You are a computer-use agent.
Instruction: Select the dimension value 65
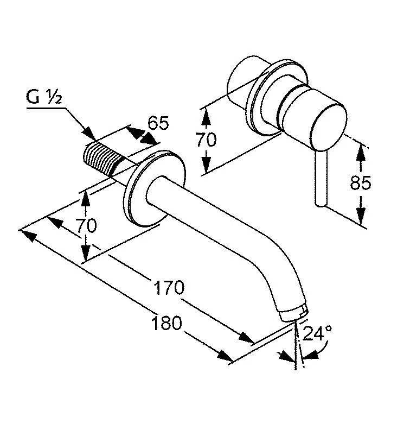tap(158, 123)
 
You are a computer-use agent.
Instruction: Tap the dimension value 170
tap(169, 288)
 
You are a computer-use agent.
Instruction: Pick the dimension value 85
tap(360, 184)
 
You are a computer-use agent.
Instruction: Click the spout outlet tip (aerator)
tap(293, 314)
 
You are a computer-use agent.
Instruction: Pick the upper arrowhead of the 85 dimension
tap(360, 152)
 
